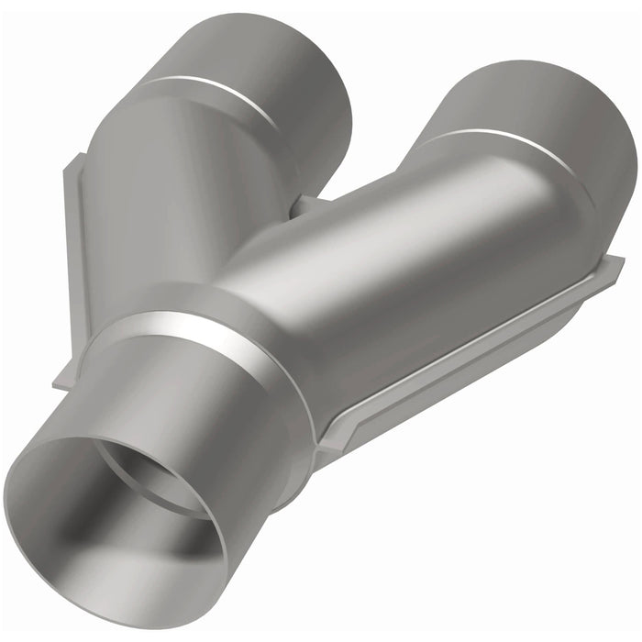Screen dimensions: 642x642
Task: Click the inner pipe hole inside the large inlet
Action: click(x=156, y=477)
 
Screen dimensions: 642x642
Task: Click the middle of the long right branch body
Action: click(x=394, y=275)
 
